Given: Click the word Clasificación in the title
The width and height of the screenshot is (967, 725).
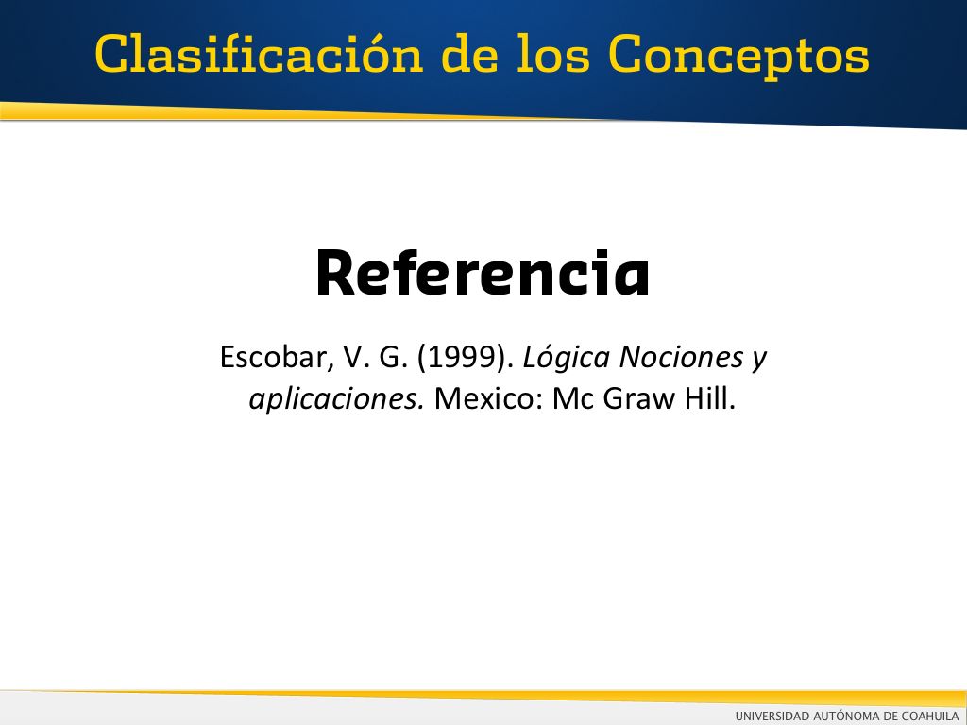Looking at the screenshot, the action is click(259, 53).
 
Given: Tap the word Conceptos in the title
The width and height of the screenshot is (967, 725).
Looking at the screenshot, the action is click(738, 57).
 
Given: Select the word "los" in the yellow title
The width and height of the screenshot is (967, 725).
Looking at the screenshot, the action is click(553, 53).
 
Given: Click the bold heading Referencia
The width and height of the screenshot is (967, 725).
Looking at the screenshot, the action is click(483, 273).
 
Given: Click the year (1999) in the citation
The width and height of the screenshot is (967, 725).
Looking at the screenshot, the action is click(466, 358).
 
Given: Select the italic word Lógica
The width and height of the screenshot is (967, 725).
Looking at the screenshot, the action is click(567, 358).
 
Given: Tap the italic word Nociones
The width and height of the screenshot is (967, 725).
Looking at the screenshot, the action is click(681, 357).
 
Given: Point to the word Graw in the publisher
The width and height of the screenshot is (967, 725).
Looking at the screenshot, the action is click(639, 399).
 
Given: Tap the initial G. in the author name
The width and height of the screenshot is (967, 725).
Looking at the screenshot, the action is click(394, 358).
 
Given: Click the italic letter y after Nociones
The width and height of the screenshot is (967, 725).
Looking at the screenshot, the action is click(759, 361).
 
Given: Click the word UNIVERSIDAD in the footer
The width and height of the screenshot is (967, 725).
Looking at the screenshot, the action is click(772, 716).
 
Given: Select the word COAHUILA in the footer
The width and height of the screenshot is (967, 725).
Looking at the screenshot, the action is click(930, 716).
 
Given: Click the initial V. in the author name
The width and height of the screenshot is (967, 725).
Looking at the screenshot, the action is click(356, 358).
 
